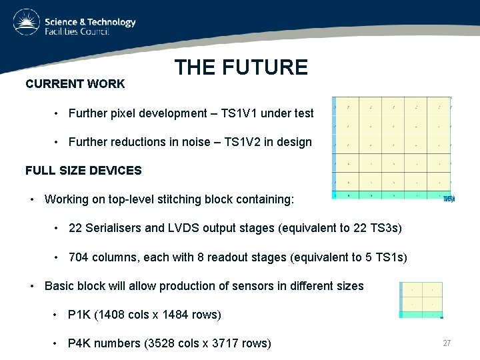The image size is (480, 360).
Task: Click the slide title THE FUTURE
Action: (x=241, y=67)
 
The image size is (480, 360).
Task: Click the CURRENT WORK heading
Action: (x=75, y=84)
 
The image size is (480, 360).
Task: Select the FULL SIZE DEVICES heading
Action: (x=83, y=171)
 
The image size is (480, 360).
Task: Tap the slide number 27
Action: (x=447, y=343)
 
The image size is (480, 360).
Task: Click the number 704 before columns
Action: (x=78, y=257)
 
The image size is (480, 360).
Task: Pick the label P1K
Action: (x=79, y=315)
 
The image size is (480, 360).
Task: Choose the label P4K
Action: (x=79, y=343)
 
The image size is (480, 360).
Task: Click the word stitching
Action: (x=166, y=199)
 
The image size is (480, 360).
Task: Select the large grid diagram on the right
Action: (x=392, y=147)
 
